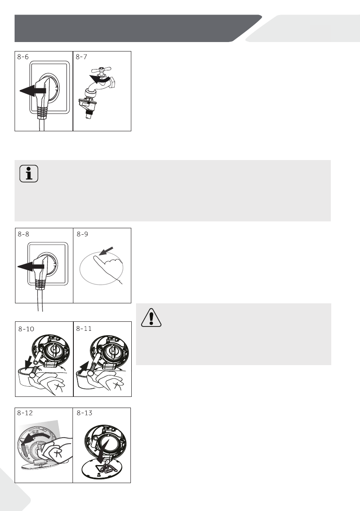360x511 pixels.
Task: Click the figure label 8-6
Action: tap(23, 57)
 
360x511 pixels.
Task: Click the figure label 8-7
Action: tap(82, 57)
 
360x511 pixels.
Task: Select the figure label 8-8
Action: tap(24, 234)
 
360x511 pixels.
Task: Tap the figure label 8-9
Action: tap(82, 234)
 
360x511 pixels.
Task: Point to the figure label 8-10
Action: tap(26, 329)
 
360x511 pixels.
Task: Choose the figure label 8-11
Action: tap(84, 329)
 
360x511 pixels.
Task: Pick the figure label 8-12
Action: tap(25, 413)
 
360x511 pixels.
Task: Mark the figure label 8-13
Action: tap(85, 413)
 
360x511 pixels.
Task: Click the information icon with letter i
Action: tap(29, 173)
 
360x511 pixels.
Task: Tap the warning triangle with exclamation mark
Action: tap(151, 317)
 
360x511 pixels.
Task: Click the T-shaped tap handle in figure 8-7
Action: tap(101, 70)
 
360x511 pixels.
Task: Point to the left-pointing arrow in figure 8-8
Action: tap(30, 266)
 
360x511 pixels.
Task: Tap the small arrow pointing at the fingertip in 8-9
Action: tap(106, 251)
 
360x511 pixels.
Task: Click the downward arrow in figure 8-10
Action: tap(29, 363)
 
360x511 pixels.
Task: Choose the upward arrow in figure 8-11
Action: tap(85, 367)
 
